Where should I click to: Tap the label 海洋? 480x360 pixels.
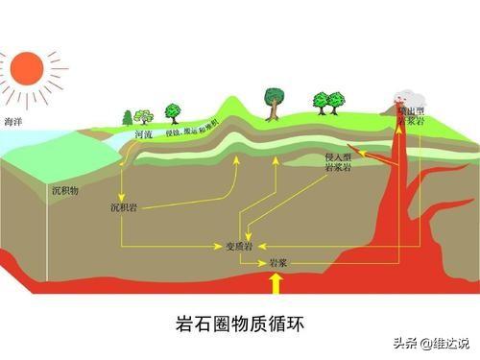[x=12, y=122]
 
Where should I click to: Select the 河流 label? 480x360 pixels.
[x=143, y=136]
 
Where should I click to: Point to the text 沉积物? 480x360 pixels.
[x=65, y=190]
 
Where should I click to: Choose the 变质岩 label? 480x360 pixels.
[x=238, y=247]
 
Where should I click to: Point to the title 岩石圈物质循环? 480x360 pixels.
[x=239, y=320]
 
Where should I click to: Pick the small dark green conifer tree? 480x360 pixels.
[x=128, y=117]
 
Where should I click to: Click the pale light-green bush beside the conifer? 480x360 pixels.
[x=144, y=116]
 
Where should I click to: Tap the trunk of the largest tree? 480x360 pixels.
[x=274, y=112]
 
